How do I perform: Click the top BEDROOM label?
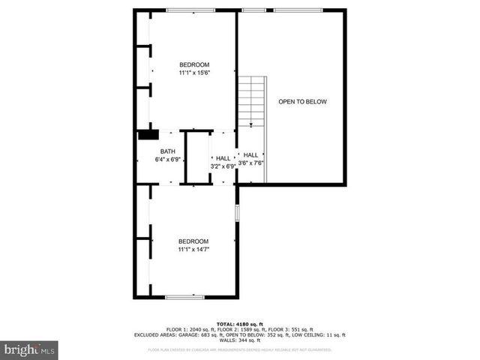click(193, 64)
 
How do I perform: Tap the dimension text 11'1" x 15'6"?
click(193, 73)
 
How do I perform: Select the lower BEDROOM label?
click(193, 241)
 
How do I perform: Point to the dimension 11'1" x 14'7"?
click(193, 249)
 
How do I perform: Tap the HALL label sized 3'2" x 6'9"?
click(223, 157)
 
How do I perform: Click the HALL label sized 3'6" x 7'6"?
click(250, 154)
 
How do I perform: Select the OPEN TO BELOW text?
click(303, 101)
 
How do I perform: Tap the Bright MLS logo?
click(30, 349)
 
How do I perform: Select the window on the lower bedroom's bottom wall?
click(184, 297)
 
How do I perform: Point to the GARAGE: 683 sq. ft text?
click(196, 334)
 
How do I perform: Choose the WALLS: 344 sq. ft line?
click(240, 340)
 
